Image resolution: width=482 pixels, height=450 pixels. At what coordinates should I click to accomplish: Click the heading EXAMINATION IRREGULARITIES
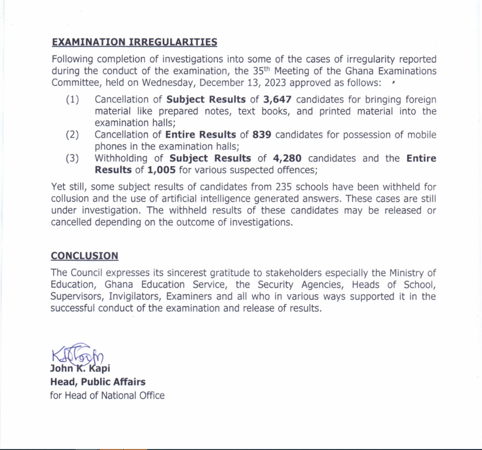click(x=134, y=42)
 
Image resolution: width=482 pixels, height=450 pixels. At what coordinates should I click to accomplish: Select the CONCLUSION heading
click(x=85, y=256)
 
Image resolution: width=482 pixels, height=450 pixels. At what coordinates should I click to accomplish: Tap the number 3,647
click(x=277, y=100)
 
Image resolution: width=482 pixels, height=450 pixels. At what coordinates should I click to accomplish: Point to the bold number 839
click(x=262, y=135)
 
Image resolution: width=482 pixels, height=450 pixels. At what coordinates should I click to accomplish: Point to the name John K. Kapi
click(x=80, y=368)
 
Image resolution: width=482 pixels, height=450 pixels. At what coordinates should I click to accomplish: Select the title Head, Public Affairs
click(x=98, y=382)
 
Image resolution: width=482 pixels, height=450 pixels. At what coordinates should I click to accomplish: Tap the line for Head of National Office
click(x=107, y=395)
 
